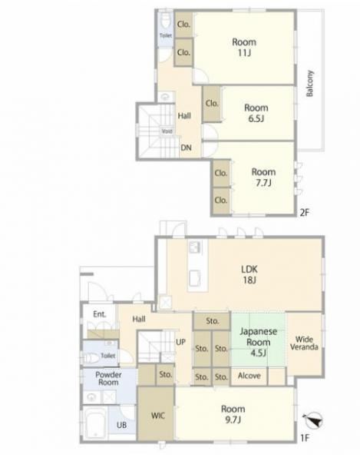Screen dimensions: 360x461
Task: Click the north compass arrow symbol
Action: [314, 420]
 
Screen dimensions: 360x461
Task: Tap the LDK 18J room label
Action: [249, 274]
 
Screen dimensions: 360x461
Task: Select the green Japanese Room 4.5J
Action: [259, 340]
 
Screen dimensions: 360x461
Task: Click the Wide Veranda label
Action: [304, 343]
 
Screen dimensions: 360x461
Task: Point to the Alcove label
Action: [249, 376]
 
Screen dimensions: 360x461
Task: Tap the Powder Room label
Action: [108, 378]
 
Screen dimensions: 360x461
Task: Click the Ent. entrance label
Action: [100, 314]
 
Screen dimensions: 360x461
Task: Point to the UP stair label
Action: [180, 342]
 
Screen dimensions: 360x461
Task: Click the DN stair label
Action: [186, 148]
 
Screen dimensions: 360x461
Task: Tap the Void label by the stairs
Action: [167, 131]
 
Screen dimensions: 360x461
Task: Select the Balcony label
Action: [310, 84]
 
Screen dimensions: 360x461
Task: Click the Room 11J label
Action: [244, 48]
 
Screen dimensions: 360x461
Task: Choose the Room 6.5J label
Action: [256, 113]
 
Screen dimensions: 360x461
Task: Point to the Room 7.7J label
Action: [263, 177]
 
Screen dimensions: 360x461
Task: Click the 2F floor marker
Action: [304, 212]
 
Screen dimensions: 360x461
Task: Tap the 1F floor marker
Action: [305, 439]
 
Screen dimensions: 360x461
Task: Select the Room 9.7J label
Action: [233, 414]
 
